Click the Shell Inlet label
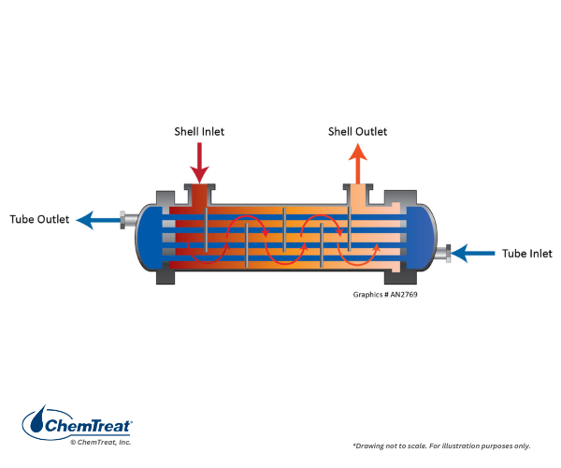tap(199, 132)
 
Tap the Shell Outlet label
tap(357, 132)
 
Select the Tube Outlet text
tap(39, 220)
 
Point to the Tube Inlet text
tap(526, 254)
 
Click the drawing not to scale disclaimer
tap(453, 445)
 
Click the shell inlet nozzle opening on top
tap(199, 192)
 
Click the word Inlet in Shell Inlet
tap(211, 132)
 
